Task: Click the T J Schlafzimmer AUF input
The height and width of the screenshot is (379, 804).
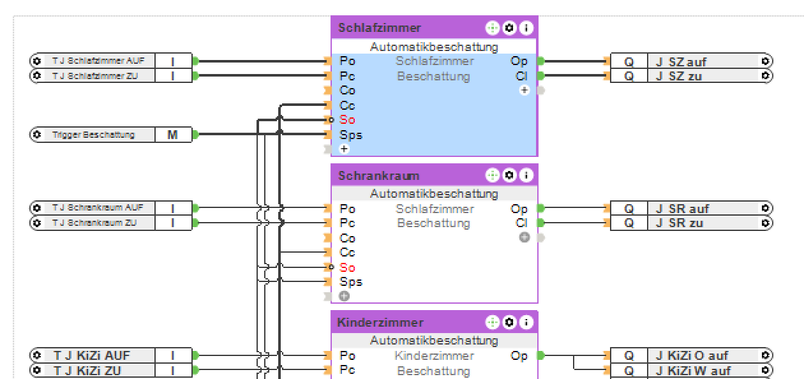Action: pyautogui.click(x=98, y=61)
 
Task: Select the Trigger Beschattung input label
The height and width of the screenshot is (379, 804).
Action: pyautogui.click(x=93, y=135)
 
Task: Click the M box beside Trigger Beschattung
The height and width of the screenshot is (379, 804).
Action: pyautogui.click(x=173, y=135)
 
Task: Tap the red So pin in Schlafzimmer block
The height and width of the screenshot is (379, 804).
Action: pyautogui.click(x=348, y=120)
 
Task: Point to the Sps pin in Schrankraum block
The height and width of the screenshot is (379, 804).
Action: pyautogui.click(x=351, y=282)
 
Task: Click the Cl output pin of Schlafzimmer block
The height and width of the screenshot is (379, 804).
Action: pyautogui.click(x=521, y=76)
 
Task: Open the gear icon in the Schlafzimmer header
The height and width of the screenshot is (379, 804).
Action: pyautogui.click(x=509, y=28)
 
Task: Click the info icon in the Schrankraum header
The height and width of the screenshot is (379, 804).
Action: pyautogui.click(x=526, y=175)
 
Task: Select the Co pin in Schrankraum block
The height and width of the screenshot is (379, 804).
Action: pyautogui.click(x=348, y=238)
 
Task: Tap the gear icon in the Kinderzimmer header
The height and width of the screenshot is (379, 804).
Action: pyautogui.click(x=509, y=323)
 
